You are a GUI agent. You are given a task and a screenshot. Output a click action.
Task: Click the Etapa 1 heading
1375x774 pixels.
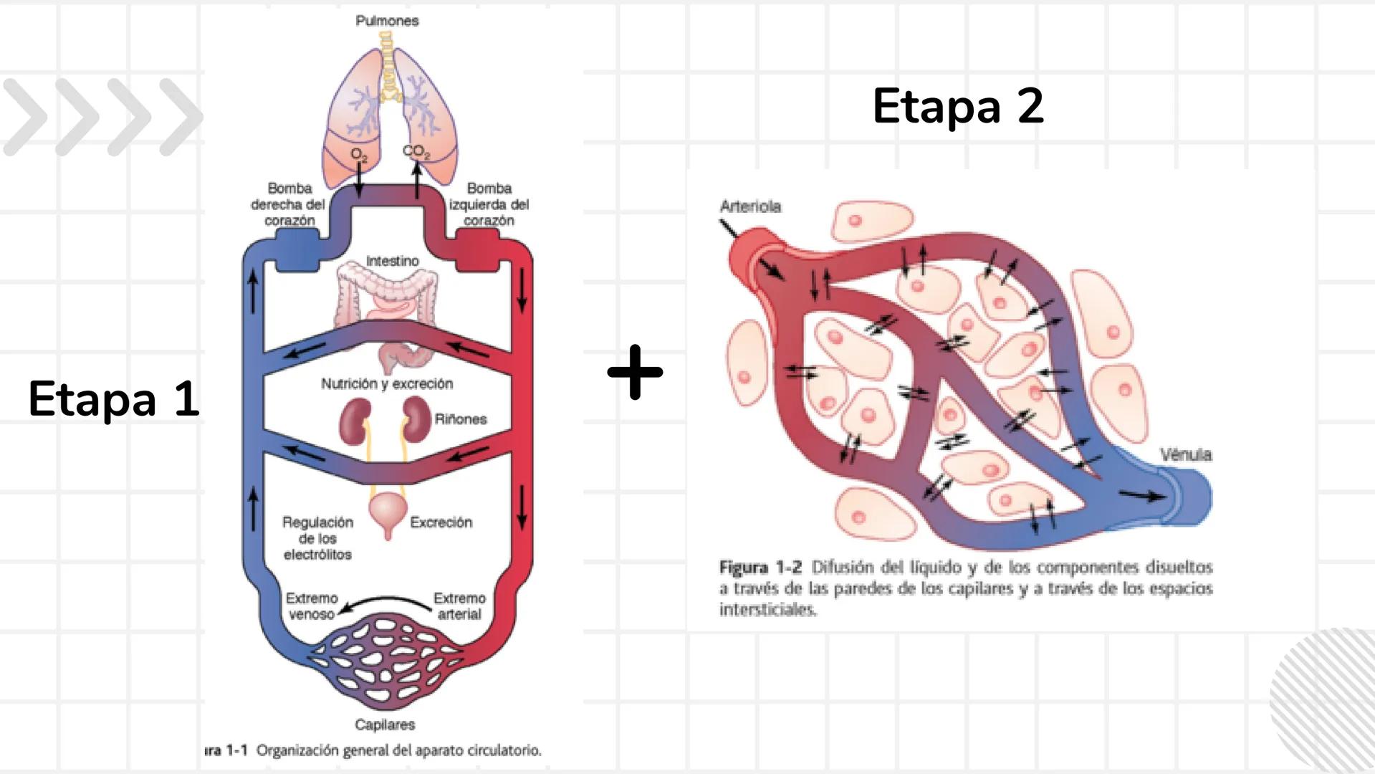coord(113,398)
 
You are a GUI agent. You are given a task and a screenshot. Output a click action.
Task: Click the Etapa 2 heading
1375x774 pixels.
coord(958,106)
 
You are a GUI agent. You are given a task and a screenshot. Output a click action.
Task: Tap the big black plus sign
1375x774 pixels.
coord(635,372)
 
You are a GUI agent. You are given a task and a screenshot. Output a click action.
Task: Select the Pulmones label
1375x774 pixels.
coord(387,21)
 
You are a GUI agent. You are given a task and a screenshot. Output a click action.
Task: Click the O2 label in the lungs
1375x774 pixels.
coord(359,155)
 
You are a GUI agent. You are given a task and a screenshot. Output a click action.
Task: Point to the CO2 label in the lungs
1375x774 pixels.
coord(416,151)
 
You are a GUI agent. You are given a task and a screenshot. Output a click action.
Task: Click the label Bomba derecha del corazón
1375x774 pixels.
coord(289,204)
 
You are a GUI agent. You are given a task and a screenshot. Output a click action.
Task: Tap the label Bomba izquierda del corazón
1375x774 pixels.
coord(489,204)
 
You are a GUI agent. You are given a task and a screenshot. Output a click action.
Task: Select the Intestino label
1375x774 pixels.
coord(392,261)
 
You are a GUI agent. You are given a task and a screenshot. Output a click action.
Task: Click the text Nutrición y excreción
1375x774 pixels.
coord(387,383)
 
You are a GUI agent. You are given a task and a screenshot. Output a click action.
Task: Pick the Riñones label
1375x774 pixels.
coord(460,419)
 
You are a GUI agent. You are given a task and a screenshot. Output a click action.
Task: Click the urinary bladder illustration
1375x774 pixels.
coord(388,512)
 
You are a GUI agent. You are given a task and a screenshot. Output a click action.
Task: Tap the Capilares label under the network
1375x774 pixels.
coord(385,725)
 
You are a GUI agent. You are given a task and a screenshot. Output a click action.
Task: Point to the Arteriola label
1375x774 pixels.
coord(750,206)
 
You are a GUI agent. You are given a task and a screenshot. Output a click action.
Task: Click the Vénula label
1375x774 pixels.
coord(1186,454)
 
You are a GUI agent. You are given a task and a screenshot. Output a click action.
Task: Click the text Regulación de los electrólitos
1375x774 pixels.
coord(317,538)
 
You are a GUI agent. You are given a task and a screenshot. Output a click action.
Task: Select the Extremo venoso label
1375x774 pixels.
coord(312,606)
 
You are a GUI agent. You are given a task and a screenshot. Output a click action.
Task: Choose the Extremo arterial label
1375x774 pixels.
coord(459,606)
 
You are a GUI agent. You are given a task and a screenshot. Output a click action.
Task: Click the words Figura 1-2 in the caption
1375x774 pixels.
coord(760,568)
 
